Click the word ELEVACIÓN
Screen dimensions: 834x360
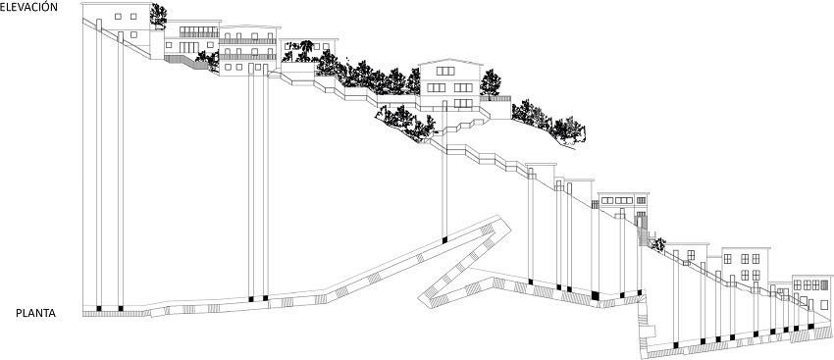click(28, 7)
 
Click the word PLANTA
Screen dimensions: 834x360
click(35, 314)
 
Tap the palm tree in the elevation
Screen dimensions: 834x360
click(306, 49)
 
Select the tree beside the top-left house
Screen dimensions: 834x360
click(158, 16)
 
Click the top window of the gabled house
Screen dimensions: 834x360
click(445, 71)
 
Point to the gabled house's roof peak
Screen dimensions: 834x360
click(450, 59)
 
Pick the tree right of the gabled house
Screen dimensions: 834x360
click(490, 83)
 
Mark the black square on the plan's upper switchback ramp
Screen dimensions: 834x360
click(444, 239)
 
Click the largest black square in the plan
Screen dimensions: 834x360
click(595, 295)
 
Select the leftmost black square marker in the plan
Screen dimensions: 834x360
click(98, 308)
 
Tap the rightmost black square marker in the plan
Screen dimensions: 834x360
click(810, 326)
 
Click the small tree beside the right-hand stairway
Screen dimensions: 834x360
click(658, 244)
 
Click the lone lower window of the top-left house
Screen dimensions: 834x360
click(134, 34)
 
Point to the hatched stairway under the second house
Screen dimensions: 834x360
click(186, 62)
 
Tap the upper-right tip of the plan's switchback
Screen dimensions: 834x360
click(510, 228)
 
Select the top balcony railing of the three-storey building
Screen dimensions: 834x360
click(248, 41)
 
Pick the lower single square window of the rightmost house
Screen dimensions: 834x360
click(824, 305)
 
